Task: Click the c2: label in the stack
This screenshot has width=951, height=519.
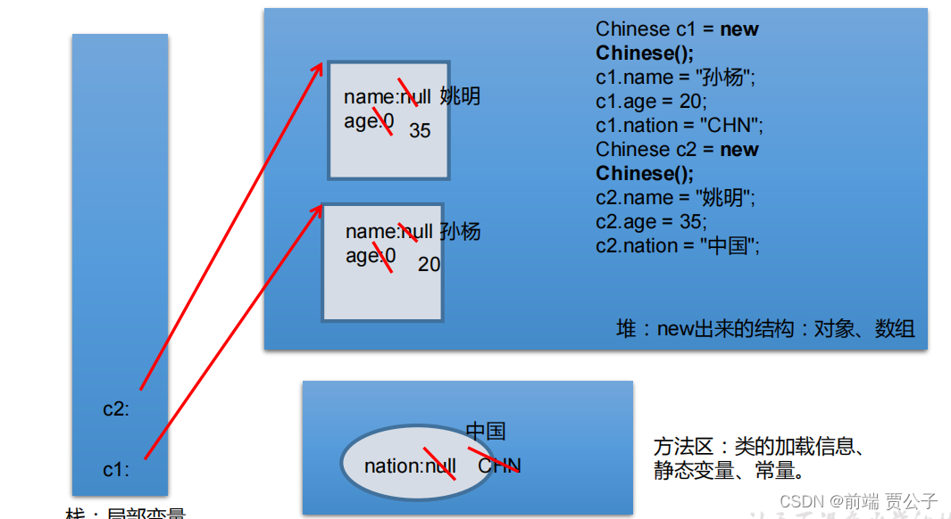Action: tap(116, 409)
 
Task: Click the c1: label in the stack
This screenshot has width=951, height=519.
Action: tap(116, 469)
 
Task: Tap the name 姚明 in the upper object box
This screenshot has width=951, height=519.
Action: tap(460, 96)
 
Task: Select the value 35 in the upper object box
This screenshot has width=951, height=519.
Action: tap(420, 131)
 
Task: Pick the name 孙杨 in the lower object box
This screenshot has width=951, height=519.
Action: tap(460, 232)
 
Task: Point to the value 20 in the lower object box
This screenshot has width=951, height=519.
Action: tap(429, 265)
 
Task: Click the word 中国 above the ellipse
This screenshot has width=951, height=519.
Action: tap(486, 432)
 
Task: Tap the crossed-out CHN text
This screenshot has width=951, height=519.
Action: tap(499, 465)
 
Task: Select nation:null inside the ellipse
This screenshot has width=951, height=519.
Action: tap(410, 465)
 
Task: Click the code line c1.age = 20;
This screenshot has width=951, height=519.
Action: tap(651, 102)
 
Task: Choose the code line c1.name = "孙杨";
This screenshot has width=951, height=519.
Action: tap(675, 78)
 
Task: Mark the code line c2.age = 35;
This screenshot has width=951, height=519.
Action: tap(651, 222)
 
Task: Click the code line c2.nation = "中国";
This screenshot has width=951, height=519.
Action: tap(678, 246)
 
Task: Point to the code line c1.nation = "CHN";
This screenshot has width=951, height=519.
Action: tap(680, 126)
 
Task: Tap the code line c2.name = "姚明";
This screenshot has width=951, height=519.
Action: tap(675, 198)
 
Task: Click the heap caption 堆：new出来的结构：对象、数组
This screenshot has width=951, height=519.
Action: tap(765, 329)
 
